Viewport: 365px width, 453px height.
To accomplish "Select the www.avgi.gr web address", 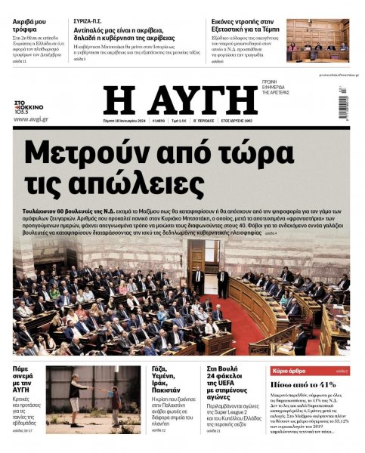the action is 31,119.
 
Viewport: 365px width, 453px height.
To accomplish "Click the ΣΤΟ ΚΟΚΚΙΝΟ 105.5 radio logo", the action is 30,107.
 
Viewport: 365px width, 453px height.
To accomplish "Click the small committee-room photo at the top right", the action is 317,40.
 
